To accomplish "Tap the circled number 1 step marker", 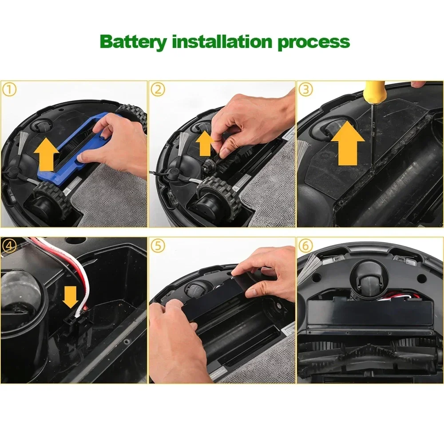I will coord(10,90).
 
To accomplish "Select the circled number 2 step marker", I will coord(157,90).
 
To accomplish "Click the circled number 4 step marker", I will coord(10,245).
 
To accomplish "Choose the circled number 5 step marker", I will coord(157,245).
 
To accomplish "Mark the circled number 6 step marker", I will coord(305,245).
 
